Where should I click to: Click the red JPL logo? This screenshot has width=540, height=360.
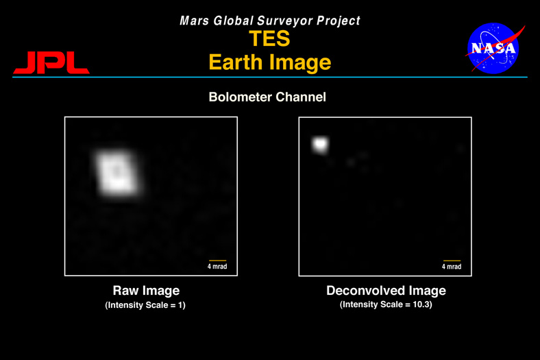[51, 62]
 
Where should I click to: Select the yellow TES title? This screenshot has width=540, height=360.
[269, 38]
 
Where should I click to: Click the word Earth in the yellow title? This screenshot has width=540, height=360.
[236, 62]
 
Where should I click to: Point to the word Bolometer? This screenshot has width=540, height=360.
[240, 97]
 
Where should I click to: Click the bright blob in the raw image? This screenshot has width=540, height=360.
[117, 174]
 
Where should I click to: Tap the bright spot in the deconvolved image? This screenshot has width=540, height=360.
[320, 145]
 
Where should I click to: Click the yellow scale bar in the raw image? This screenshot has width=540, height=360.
[218, 261]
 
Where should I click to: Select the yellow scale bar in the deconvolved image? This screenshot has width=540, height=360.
[452, 261]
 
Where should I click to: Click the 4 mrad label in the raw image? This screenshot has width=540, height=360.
[217, 266]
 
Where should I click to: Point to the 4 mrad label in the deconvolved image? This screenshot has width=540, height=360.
[452, 267]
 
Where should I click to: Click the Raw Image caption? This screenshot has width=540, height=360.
[147, 291]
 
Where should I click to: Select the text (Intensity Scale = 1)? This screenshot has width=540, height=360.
[145, 305]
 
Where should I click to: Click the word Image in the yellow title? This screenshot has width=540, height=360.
[300, 62]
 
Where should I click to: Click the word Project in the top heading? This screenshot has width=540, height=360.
[339, 21]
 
